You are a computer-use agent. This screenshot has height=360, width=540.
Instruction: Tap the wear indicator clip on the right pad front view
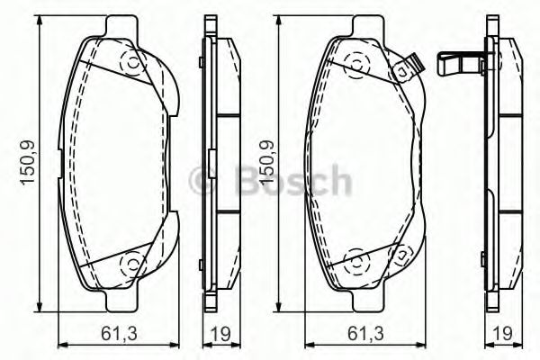(413, 66)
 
